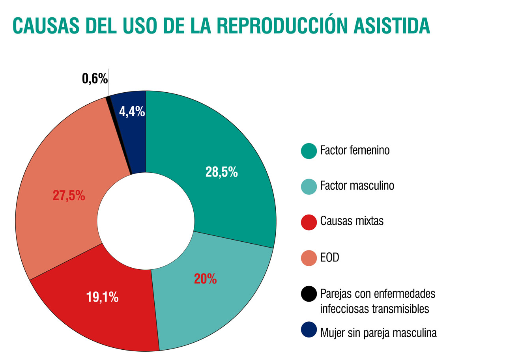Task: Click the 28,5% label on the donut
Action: point(221,172)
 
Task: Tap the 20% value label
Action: point(205,279)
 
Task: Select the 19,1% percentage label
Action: point(102,297)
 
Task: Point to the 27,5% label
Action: point(69,196)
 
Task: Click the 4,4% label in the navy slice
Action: point(132,112)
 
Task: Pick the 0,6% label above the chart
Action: point(95,79)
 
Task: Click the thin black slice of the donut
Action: point(118,134)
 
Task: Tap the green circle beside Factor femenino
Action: point(309,151)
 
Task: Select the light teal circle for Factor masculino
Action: point(309,186)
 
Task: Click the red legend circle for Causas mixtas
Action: point(309,222)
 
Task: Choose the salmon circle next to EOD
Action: point(309,258)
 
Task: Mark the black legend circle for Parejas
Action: point(309,294)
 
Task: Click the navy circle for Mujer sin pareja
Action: point(309,329)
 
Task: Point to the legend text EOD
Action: point(330,258)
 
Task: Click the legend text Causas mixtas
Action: point(352,221)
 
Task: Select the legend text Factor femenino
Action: point(355,150)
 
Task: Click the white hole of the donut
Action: point(146,221)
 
